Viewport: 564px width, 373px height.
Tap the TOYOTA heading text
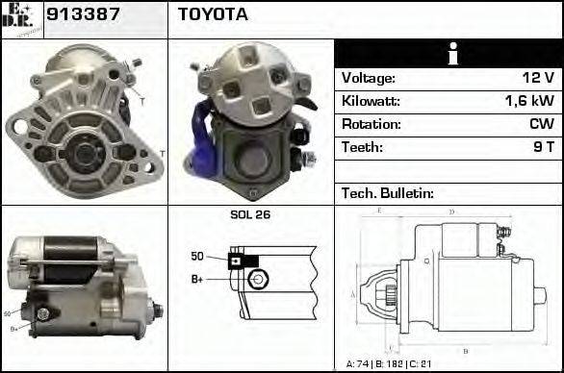(212, 14)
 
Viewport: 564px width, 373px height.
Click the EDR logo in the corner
(21, 18)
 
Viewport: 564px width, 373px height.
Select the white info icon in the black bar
(448, 54)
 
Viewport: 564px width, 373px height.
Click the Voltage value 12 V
(535, 77)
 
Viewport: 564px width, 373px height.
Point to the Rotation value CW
(540, 124)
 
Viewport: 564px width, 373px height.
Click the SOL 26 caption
(250, 214)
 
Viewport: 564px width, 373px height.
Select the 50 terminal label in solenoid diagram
(197, 256)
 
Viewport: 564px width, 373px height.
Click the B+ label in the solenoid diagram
(198, 280)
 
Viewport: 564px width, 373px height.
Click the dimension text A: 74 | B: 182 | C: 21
(395, 363)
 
